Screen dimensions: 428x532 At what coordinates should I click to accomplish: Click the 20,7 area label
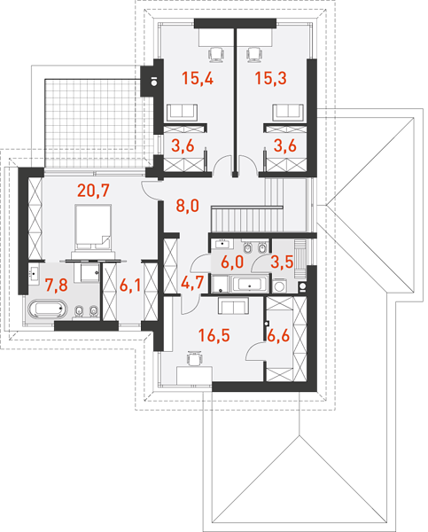pyautogui.click(x=93, y=191)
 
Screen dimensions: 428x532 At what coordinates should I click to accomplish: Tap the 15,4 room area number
pyautogui.click(x=198, y=78)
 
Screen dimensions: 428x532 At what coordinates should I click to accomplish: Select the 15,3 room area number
pyautogui.click(x=270, y=78)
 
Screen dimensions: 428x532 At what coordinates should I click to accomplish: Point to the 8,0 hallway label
pyautogui.click(x=187, y=206)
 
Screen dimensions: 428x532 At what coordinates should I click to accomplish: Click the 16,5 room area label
pyautogui.click(x=214, y=335)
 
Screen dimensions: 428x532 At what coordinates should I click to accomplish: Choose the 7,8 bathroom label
pyautogui.click(x=57, y=285)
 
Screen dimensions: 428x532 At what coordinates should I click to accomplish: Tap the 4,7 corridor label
pyautogui.click(x=192, y=283)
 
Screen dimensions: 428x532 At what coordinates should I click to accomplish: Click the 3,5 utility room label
pyautogui.click(x=282, y=262)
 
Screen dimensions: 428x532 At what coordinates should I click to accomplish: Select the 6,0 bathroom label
pyautogui.click(x=232, y=262)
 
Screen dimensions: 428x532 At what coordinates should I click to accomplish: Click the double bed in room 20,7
pyautogui.click(x=93, y=227)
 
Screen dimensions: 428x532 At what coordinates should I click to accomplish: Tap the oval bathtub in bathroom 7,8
pyautogui.click(x=48, y=309)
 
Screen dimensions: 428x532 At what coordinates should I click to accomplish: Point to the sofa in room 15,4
pyautogui.click(x=182, y=113)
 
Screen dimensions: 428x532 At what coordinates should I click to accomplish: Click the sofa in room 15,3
pyautogui.click(x=288, y=113)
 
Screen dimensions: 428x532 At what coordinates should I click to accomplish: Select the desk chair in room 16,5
pyautogui.click(x=195, y=358)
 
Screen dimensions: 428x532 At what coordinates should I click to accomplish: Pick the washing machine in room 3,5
pyautogui.click(x=280, y=286)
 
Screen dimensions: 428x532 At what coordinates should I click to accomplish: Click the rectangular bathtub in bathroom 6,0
pyautogui.click(x=250, y=284)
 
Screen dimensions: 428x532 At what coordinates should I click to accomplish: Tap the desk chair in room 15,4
pyautogui.click(x=216, y=55)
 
